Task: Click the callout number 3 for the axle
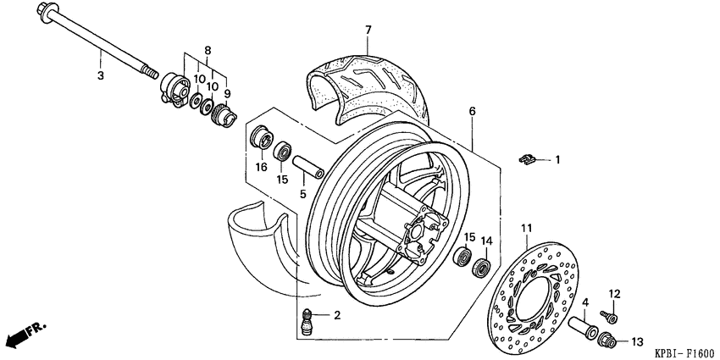100,75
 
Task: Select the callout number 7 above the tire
368,30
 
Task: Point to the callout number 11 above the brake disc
525,229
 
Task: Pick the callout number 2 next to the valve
336,316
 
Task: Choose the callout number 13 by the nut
636,341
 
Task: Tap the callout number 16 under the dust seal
262,168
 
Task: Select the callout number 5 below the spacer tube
302,194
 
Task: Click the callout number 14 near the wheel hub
486,241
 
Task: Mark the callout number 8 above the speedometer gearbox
206,51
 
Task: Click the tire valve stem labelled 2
311,322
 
